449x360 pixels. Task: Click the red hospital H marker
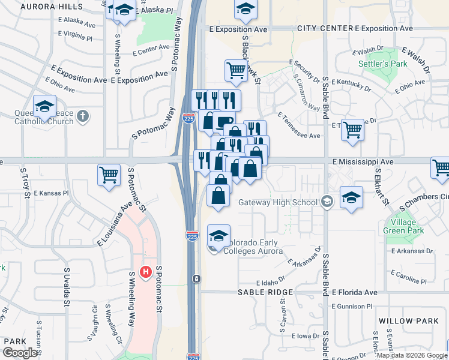[x=145, y=272]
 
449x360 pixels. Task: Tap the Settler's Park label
[x=382, y=64]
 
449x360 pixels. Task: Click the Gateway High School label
[x=277, y=202]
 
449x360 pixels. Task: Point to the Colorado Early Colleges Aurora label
[x=253, y=247]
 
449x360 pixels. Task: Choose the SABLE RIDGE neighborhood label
[x=265, y=292]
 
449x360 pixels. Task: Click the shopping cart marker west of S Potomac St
[x=109, y=175]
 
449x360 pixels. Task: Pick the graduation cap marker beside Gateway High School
[x=351, y=197]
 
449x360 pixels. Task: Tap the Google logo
[x=19, y=353]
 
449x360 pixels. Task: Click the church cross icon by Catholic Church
[x=83, y=116]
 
